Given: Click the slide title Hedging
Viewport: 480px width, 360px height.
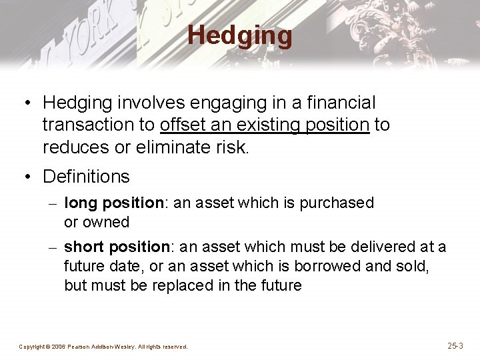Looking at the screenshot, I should click(x=239, y=35).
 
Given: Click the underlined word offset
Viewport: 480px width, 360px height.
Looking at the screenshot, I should click(x=180, y=125).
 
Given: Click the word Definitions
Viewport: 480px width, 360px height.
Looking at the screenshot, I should click(x=86, y=177).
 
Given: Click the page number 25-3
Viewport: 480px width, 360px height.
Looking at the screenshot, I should click(x=455, y=345).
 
